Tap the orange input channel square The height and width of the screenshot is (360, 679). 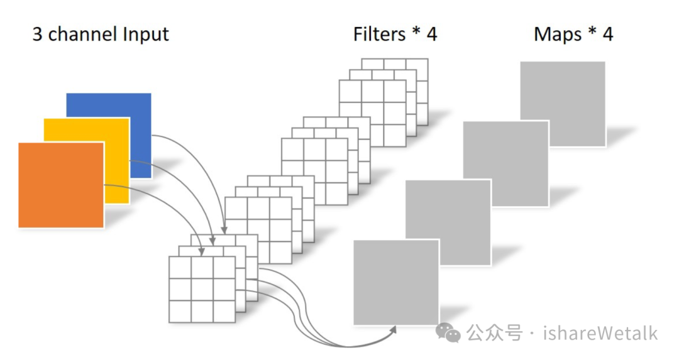click(61, 185)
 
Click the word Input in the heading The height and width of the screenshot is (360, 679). click(145, 35)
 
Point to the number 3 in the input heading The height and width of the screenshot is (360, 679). click(37, 35)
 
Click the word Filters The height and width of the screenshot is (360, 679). click(379, 34)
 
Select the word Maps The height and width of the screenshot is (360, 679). click(558, 35)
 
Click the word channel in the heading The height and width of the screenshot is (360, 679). click(82, 35)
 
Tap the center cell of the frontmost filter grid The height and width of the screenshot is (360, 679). click(202, 290)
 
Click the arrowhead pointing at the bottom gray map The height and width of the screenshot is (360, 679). click(393, 330)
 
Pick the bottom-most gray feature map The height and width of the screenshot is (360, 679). click(396, 282)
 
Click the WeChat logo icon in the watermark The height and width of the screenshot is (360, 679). click(448, 333)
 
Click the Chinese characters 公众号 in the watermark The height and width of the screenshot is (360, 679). click(494, 333)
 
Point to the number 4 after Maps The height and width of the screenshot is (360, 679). click(607, 35)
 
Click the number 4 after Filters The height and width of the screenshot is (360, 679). click(432, 35)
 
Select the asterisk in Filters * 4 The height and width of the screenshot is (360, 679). click(416, 32)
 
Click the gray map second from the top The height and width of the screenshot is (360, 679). click(505, 163)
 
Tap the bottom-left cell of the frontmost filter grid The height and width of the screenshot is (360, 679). click(180, 312)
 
